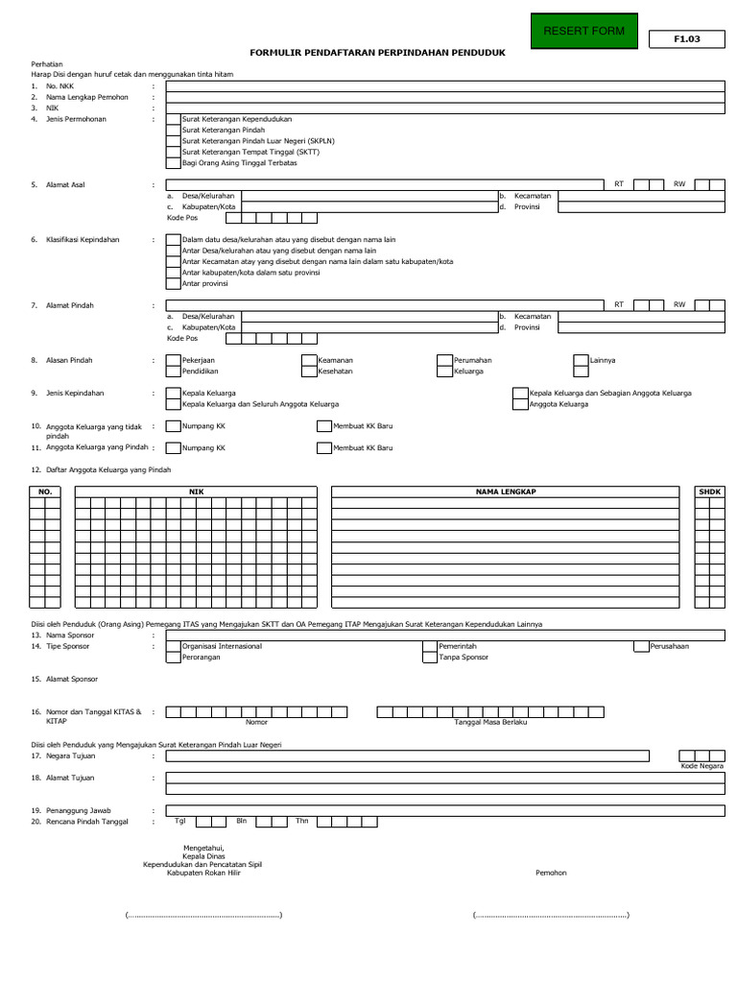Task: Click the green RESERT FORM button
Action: [583, 32]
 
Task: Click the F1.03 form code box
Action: [687, 39]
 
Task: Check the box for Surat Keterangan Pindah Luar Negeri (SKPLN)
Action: [173, 140]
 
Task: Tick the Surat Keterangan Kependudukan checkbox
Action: [173, 118]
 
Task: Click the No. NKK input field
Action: [444, 85]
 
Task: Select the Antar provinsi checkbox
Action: [173, 283]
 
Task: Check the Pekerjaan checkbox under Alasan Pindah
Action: [173, 360]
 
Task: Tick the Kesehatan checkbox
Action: [309, 371]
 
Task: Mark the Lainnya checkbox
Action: [582, 360]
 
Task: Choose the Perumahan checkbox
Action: [444, 360]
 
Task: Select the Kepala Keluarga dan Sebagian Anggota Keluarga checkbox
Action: [521, 393]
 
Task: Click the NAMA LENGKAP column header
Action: [505, 491]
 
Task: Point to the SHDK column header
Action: [709, 491]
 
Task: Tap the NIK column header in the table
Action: [196, 491]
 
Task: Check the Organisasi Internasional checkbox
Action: [173, 646]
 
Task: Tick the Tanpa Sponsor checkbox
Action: [430, 658]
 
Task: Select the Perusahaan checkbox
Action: [641, 646]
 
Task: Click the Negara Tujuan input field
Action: [444, 756]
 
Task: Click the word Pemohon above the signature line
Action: [551, 873]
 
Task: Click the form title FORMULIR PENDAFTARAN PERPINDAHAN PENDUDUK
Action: [376, 55]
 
